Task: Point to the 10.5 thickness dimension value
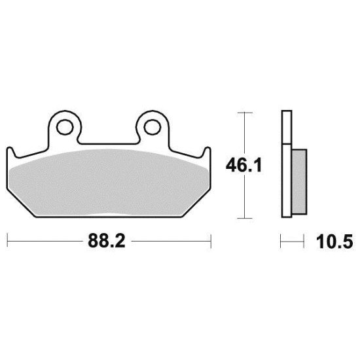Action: coord(334,242)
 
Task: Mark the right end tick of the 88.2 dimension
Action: coord(210,240)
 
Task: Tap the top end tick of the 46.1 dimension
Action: coord(243,113)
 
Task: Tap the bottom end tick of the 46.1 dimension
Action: coord(243,218)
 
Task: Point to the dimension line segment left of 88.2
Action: coord(46,240)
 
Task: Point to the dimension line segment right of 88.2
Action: coord(170,240)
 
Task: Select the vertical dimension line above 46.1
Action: coord(243,134)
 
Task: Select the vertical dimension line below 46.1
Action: coord(243,196)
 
